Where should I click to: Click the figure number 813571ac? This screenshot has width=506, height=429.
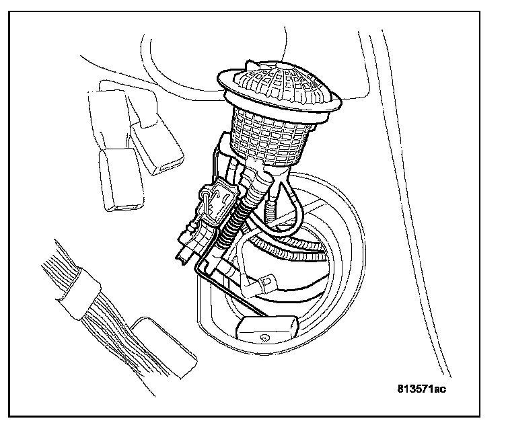click(x=421, y=388)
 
